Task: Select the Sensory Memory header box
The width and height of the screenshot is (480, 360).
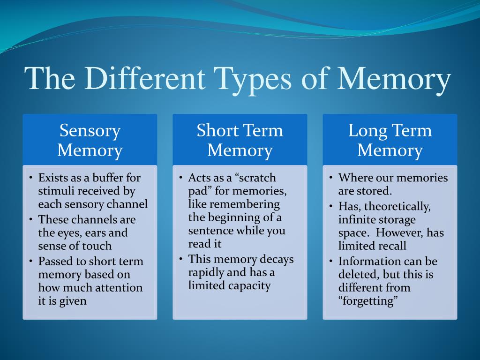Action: [90, 140]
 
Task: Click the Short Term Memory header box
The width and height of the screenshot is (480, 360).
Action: [240, 140]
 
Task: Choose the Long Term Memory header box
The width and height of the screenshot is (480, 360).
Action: [390, 140]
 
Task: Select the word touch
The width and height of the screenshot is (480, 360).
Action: [97, 246]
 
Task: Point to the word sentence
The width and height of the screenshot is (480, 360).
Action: [209, 231]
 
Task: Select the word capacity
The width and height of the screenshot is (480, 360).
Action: [249, 285]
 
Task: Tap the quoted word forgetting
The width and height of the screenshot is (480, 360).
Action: [368, 301]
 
